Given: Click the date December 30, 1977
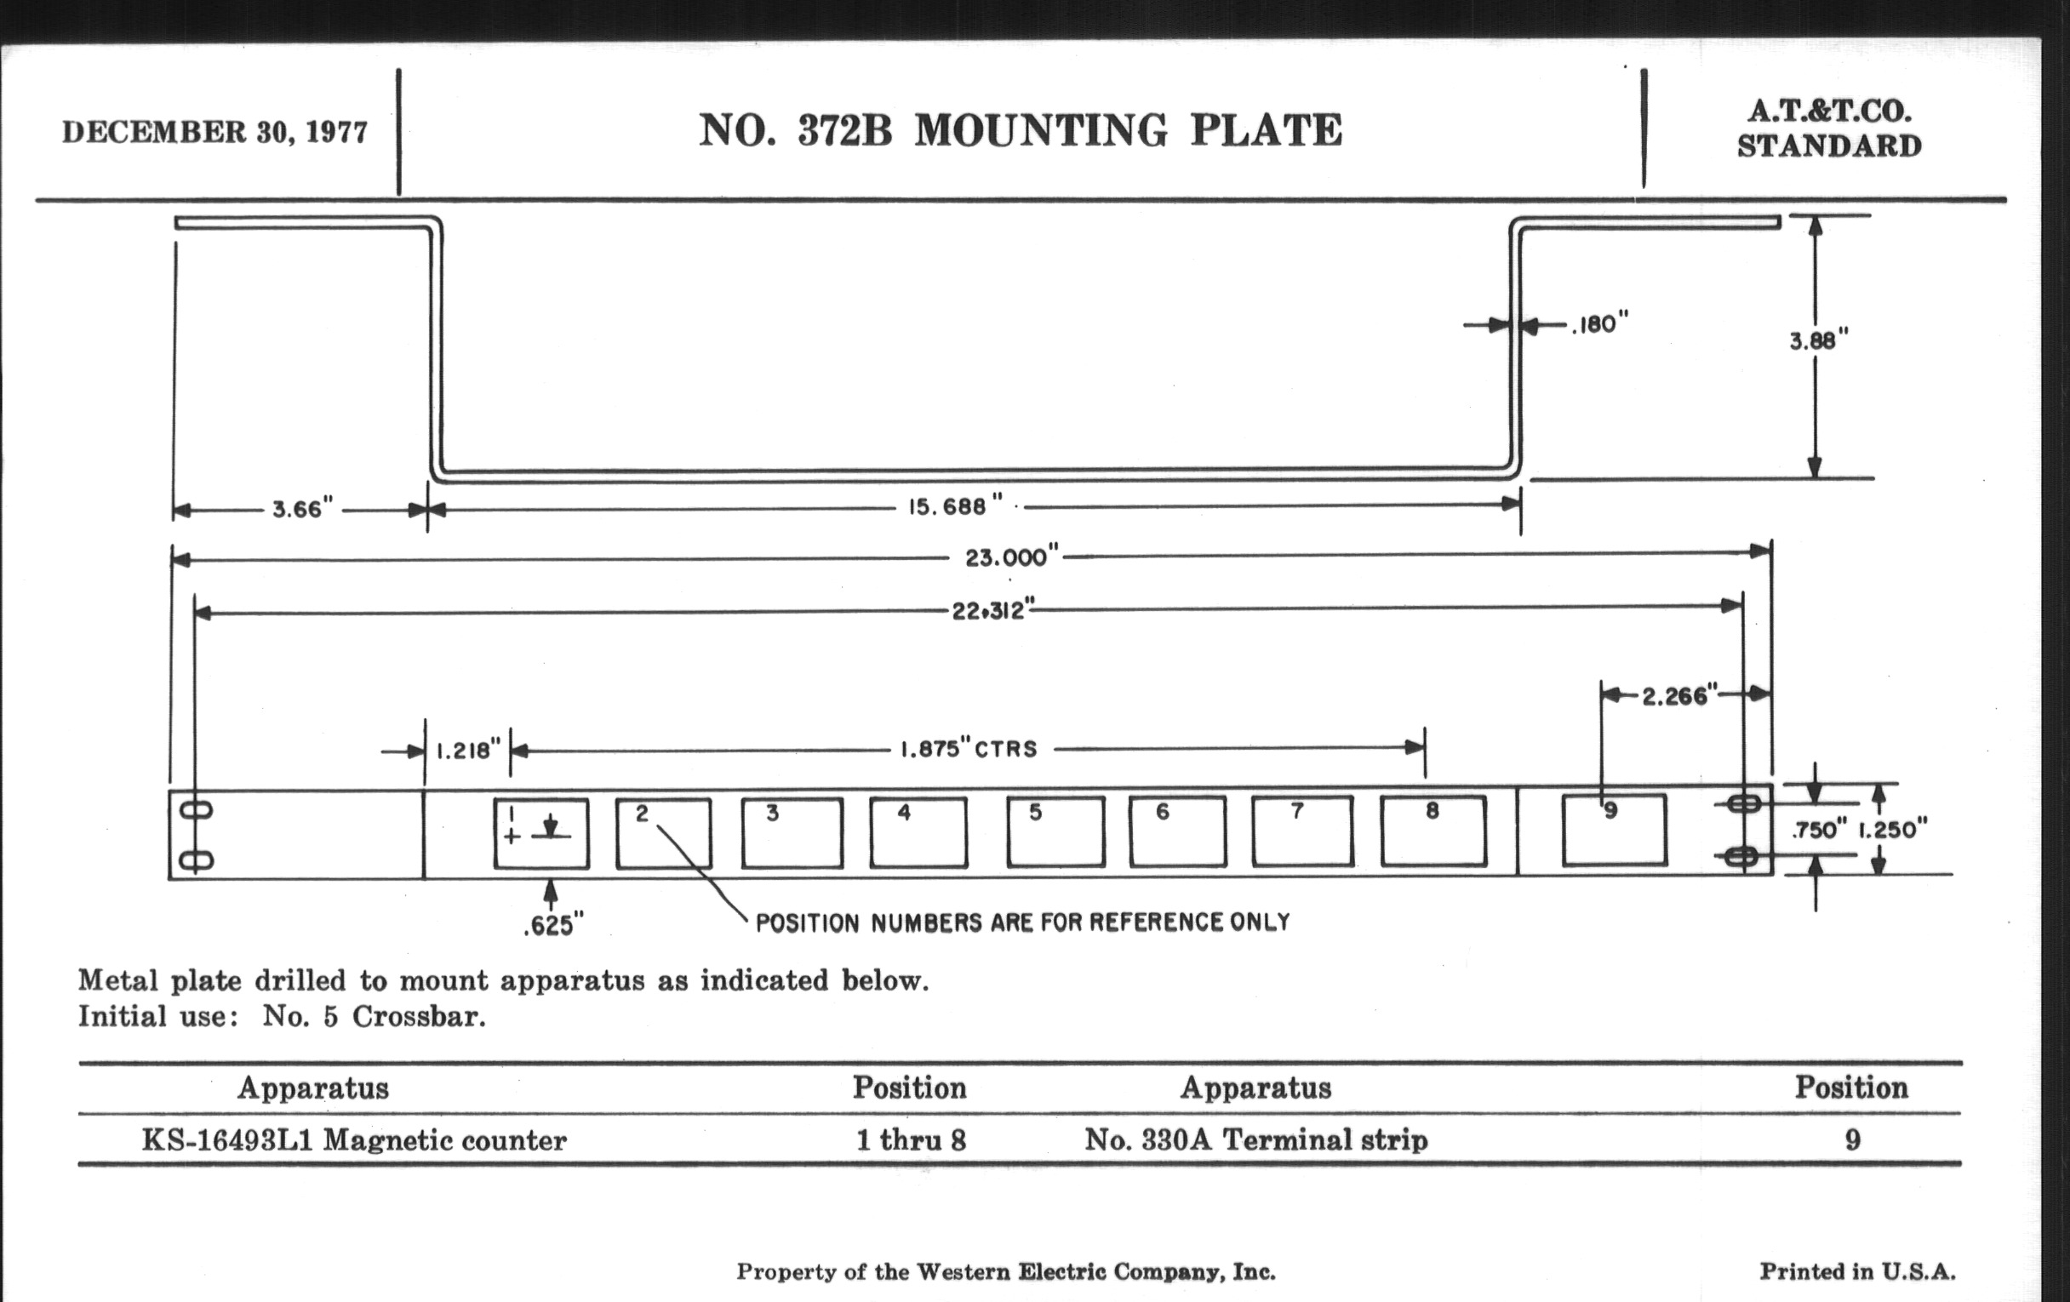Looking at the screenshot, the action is pos(214,133).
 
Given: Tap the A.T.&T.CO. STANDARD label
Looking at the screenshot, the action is pos(1829,128).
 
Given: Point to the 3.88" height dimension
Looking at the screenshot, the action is pos(1818,341).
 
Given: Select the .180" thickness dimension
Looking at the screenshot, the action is pos(1600,325).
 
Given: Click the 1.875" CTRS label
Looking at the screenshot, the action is pos(969,750).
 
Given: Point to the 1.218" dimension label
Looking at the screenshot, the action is pos(468,751).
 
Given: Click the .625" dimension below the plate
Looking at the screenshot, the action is pos(553,925).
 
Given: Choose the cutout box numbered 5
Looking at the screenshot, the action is pos(1055,831).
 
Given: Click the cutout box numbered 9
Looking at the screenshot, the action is pos(1615,830).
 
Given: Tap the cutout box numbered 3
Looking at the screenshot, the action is pos(792,833).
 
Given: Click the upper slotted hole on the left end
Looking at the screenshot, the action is pos(197,809).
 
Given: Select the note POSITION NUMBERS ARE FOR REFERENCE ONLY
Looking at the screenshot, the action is pos(1023,923).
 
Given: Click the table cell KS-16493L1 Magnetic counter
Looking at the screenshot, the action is pos(354,1140).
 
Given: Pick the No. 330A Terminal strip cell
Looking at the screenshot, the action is pos(1256,1140).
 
